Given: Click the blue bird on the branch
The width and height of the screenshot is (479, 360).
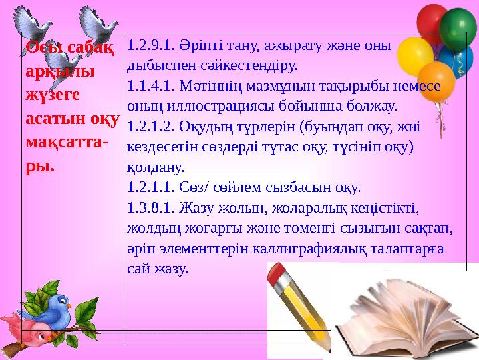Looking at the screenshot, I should pyautogui.click(x=55, y=307).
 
